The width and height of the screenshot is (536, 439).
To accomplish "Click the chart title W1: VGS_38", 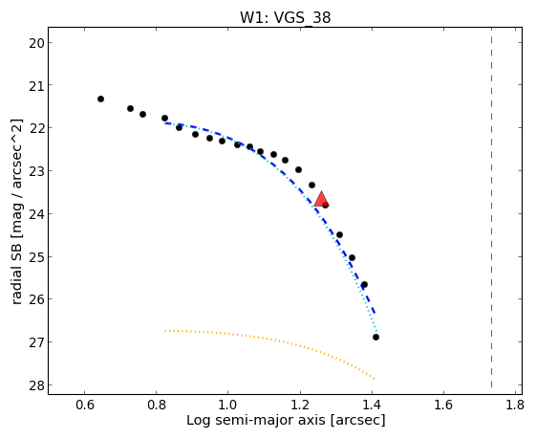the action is coord(286,18).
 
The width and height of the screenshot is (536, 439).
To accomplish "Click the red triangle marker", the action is coord(321,200).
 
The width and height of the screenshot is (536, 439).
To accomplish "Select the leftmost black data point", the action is coord(100,99).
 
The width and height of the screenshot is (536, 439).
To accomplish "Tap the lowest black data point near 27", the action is coord(375,337).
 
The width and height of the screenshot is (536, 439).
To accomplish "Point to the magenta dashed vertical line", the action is coord(491,207).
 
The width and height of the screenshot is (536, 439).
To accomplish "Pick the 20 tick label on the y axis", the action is coord(36,43).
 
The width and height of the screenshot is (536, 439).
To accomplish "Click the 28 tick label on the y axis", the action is coord(36,385).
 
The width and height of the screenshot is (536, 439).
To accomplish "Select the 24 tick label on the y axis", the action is coord(36,214).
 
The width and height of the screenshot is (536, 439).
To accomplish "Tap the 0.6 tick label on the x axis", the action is coord(84,405).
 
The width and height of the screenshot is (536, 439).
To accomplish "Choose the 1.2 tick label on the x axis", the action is coord(300,405).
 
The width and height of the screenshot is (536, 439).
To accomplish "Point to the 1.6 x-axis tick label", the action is coord(443,405).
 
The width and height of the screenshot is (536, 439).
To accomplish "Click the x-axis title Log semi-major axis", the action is coord(286,420).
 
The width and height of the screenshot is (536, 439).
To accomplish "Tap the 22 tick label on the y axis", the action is coord(36,129).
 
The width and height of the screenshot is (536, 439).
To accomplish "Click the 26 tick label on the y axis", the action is coord(36,299).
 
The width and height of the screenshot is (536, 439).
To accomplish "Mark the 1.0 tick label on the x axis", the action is coord(228,405).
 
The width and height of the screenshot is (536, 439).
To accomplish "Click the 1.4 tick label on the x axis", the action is coord(372,405).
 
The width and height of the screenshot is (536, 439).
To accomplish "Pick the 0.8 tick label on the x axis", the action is coord(157,405).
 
